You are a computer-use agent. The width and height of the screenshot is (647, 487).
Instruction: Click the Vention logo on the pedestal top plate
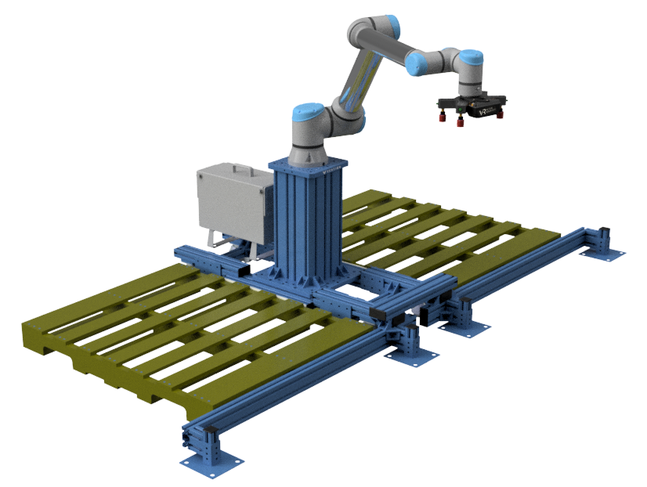tap(327, 167)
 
